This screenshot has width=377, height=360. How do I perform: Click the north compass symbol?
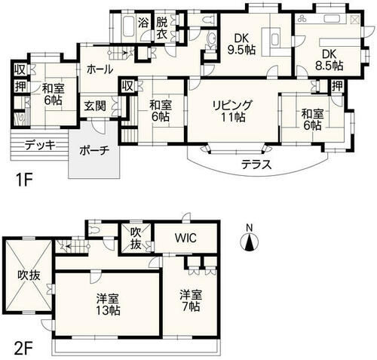[249, 241]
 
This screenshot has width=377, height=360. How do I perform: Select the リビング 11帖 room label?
[232, 111]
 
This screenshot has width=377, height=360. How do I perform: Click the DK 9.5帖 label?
[241, 45]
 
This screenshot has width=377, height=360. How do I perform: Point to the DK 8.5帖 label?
[329, 60]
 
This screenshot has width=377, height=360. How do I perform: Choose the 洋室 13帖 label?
[109, 305]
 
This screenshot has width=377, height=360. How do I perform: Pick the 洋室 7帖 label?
[191, 300]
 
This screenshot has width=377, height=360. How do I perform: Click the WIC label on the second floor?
[185, 238]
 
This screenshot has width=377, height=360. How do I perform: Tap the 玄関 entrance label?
[95, 106]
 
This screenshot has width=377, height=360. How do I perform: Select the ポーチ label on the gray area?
[94, 150]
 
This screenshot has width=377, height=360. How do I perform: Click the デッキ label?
[40, 145]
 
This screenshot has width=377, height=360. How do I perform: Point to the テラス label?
[256, 165]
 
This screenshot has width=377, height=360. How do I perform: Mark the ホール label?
[100, 69]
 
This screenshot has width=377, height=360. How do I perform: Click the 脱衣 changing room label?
[162, 29]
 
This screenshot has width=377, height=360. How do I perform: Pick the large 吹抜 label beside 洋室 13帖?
[29, 275]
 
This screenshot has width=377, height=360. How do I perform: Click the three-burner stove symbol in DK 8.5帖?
[302, 19]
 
